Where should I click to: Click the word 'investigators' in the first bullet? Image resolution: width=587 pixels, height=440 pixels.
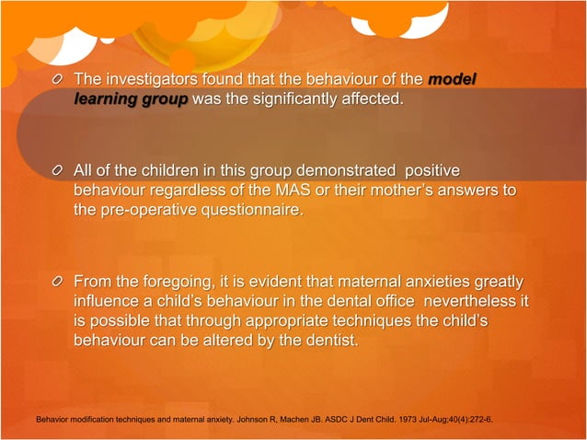click(154, 80)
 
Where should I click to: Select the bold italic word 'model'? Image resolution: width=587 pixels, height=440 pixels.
click(452, 80)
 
